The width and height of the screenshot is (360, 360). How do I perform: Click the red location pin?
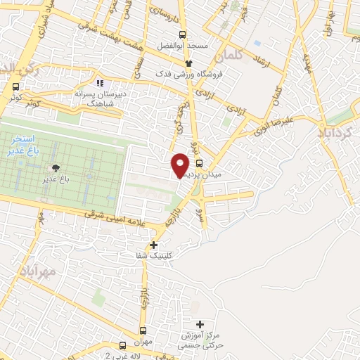[x=180, y=165]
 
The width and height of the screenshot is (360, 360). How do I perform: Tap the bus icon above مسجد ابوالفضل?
[x=183, y=34]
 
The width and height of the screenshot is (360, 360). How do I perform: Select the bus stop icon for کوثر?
[x=15, y=86]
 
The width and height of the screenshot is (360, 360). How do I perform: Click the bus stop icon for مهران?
[x=143, y=330]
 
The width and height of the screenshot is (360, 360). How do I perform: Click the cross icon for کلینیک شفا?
[x=154, y=245]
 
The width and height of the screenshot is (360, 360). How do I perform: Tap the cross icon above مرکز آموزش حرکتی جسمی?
[x=200, y=324]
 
